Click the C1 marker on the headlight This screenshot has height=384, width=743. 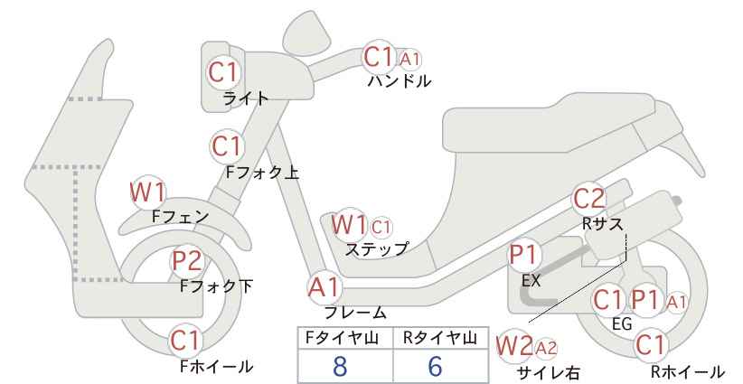pyautogui.click(x=223, y=72)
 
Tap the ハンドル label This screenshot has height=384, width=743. pyautogui.click(x=400, y=81)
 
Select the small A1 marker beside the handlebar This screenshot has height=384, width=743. pyautogui.click(x=409, y=60)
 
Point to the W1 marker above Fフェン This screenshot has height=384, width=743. pyautogui.click(x=148, y=192)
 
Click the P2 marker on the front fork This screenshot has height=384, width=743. pyautogui.click(x=187, y=261)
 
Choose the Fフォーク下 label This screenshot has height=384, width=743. pyautogui.click(x=217, y=286)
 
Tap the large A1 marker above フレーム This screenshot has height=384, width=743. pyautogui.click(x=324, y=287)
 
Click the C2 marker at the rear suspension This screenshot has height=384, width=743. pyautogui.click(x=589, y=199)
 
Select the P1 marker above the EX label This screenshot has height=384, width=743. pyautogui.click(x=523, y=255)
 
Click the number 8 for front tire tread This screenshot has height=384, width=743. pyautogui.click(x=340, y=366)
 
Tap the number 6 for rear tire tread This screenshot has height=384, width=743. pyautogui.click(x=435, y=366)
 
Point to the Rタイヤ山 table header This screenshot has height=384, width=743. pyautogui.click(x=440, y=338)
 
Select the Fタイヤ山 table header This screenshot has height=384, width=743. pyautogui.click(x=342, y=338)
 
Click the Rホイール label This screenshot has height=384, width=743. pyautogui.click(x=687, y=371)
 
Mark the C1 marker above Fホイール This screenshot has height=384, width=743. pyautogui.click(x=186, y=341)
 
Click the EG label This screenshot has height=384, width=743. pyautogui.click(x=622, y=323)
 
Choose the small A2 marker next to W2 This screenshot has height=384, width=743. pyautogui.click(x=545, y=349)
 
